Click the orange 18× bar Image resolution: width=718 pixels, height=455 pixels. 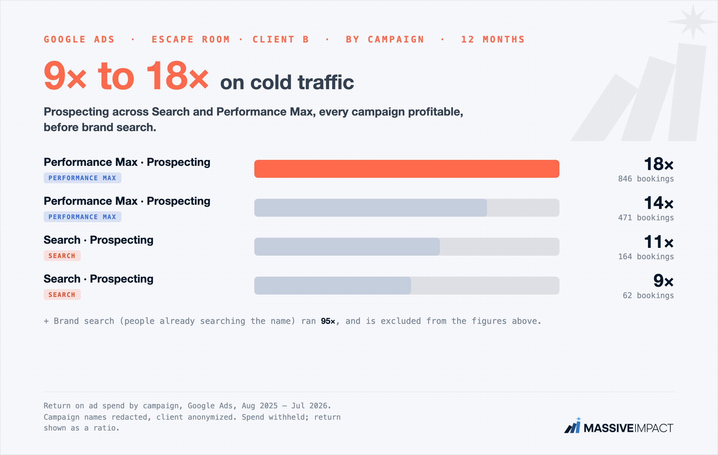(407, 169)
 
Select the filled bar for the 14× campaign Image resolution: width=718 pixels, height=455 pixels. (371, 208)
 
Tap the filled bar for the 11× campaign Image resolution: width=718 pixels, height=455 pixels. (347, 247)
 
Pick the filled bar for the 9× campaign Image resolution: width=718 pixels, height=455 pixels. (333, 286)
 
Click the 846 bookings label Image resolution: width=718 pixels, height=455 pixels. (646, 179)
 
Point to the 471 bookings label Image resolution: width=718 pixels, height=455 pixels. (646, 218)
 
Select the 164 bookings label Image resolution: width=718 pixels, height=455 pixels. (646, 257)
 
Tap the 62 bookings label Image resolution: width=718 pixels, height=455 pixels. (648, 295)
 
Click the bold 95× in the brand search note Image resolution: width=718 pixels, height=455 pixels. (328, 321)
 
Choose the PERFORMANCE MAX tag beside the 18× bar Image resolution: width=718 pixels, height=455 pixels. (83, 178)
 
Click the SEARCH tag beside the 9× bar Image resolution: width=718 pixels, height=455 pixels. (62, 295)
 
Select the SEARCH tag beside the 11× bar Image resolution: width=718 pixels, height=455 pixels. (62, 256)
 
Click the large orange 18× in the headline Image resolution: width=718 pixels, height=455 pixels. (177, 75)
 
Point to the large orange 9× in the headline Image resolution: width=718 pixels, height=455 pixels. (65, 75)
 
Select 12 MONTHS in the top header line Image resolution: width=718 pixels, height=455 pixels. (493, 40)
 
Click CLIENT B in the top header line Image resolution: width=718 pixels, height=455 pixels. (281, 40)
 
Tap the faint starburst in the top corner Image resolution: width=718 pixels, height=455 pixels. (692, 22)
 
